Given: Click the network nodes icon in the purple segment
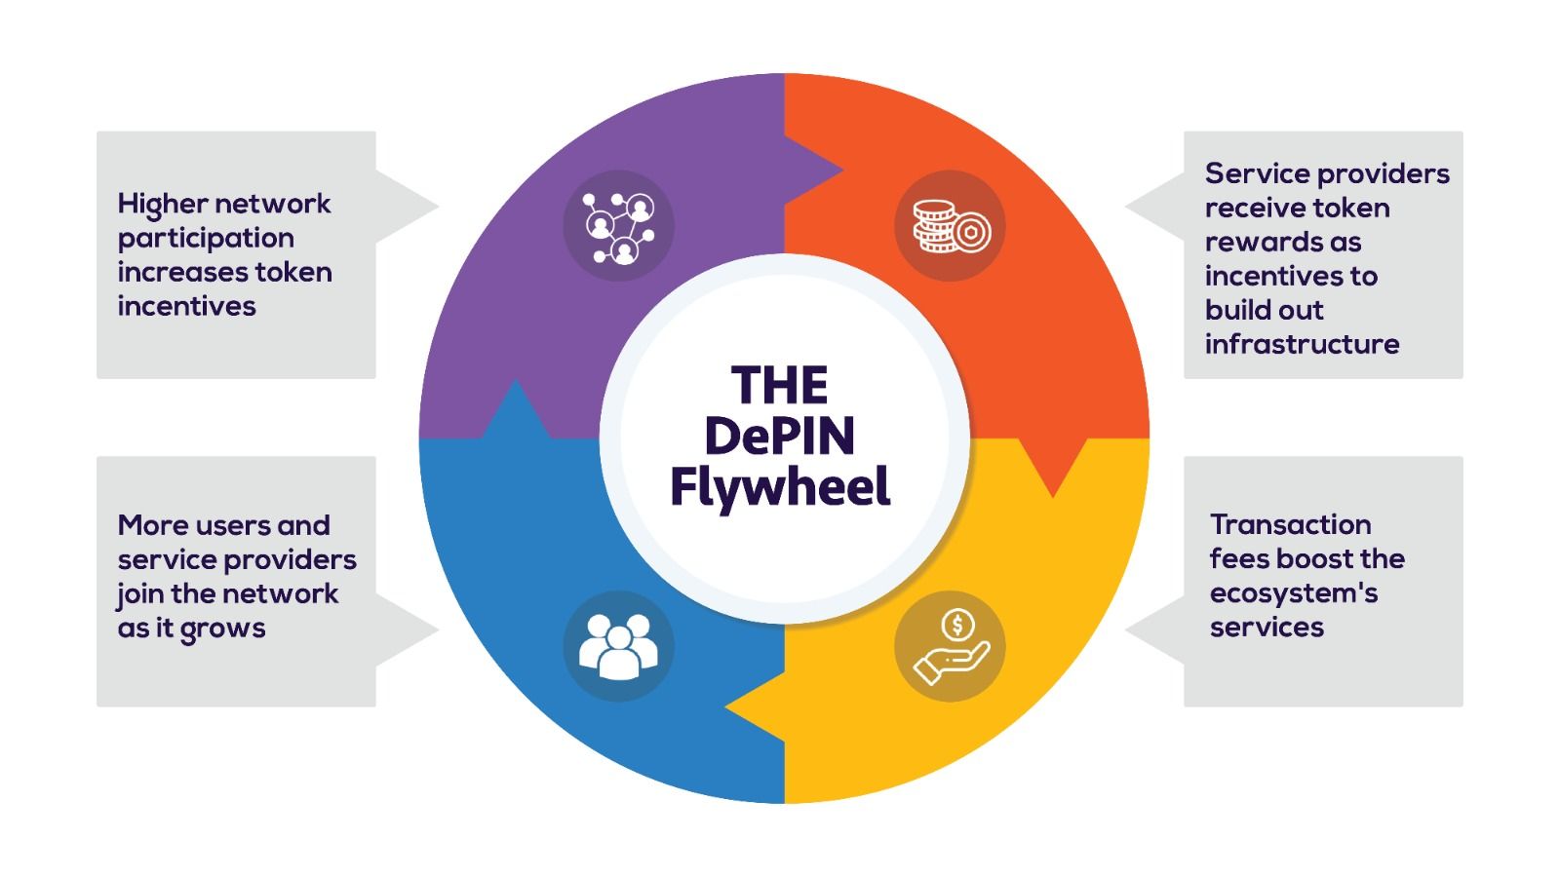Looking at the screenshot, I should (x=618, y=227).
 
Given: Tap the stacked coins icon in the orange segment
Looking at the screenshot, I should (x=951, y=227).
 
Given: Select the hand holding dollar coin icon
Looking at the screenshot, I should (x=951, y=646).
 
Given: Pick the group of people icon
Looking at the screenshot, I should (x=618, y=646).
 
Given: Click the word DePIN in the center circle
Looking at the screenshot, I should (x=779, y=436).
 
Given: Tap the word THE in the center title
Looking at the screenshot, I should (x=779, y=385).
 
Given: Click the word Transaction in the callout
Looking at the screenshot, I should (x=1290, y=524).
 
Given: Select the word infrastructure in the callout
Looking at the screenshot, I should (x=1302, y=344).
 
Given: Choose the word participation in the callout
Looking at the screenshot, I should (x=206, y=238).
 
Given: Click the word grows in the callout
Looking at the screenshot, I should (x=222, y=629).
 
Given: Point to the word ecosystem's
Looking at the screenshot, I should (x=1293, y=592).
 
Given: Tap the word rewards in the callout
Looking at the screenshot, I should (x=1282, y=242).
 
